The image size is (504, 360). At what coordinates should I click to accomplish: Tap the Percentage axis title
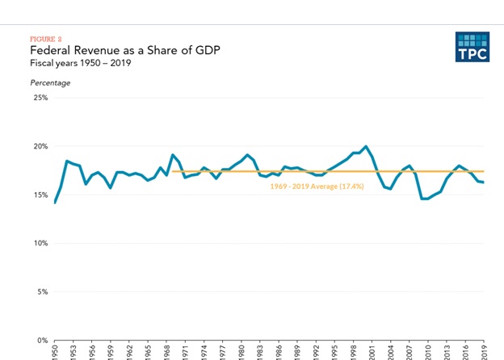tap(50, 82)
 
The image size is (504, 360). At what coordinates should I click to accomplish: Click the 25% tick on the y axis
tap(40, 98)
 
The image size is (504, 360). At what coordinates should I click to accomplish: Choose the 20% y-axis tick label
tap(40, 147)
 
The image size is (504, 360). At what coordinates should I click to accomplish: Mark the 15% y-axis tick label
tap(40, 195)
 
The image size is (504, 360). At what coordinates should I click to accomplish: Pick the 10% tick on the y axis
tap(40, 244)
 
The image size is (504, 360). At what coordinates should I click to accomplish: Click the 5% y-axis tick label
tap(42, 292)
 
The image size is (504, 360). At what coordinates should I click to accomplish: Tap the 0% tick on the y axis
tap(42, 341)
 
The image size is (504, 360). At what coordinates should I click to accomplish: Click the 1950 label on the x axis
tap(56, 352)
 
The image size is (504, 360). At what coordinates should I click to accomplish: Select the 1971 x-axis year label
tap(186, 352)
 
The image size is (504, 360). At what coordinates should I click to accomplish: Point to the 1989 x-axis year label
tap(297, 352)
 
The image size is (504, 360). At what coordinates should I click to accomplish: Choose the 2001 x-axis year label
tap(372, 352)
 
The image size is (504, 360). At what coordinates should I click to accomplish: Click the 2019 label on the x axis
tap(484, 352)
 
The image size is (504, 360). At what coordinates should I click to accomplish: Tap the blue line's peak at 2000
tap(366, 146)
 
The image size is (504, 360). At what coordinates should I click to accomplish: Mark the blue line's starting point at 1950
tap(55, 203)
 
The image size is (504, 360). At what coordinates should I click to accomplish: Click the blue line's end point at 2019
tap(484, 182)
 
